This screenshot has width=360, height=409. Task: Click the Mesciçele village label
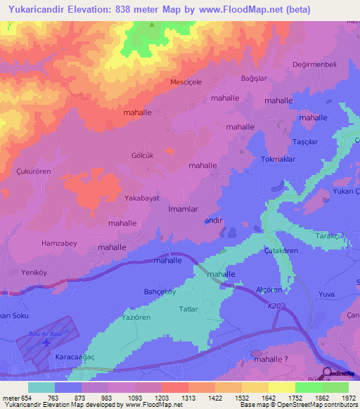186,82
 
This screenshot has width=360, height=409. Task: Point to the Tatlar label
189,309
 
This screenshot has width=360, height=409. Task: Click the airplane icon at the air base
46,342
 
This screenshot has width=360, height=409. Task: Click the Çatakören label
281,250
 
